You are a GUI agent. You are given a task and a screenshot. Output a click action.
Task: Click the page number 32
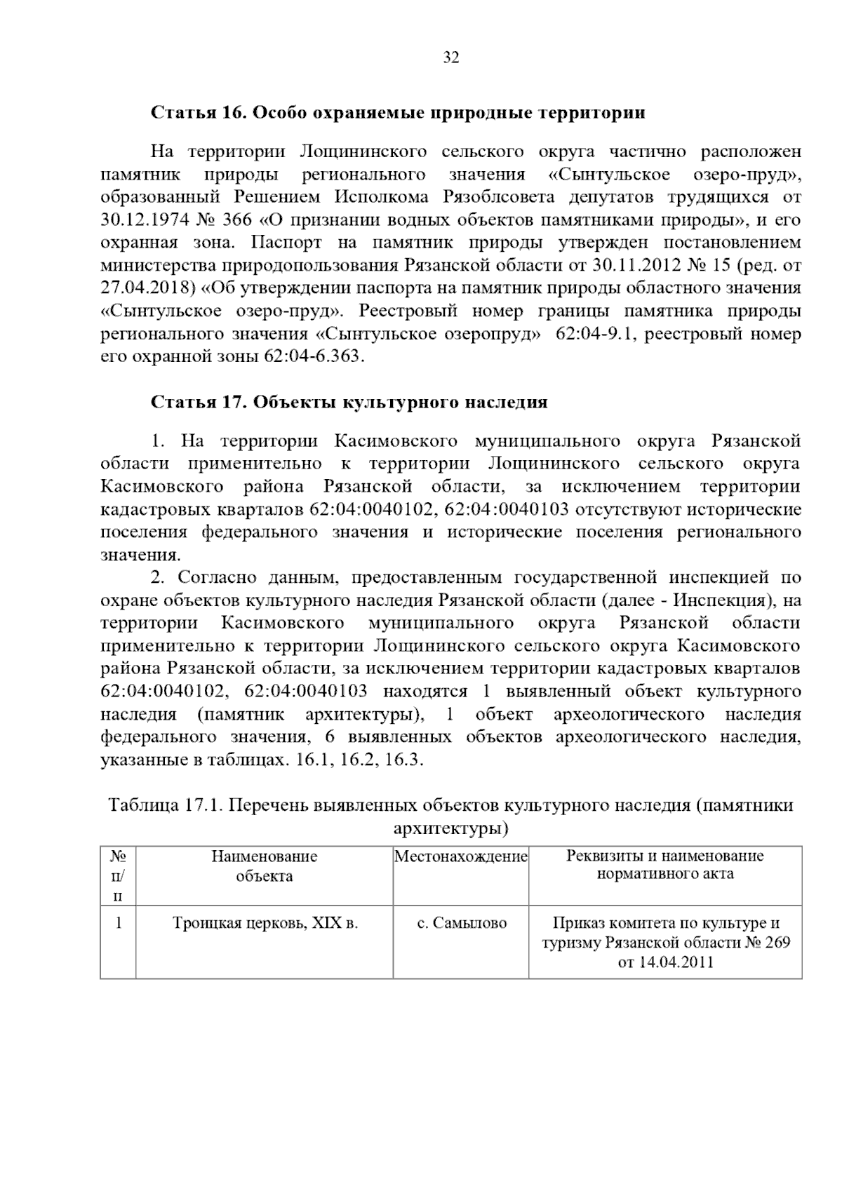[x=451, y=58]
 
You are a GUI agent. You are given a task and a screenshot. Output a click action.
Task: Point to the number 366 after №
[x=236, y=220]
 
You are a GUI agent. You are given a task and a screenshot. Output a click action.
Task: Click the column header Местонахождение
[x=460, y=856]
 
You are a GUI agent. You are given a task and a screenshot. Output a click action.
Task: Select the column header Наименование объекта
[x=264, y=866]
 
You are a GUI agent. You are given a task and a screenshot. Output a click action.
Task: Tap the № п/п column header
[x=118, y=875]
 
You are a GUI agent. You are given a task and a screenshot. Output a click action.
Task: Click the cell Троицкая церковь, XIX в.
[x=265, y=923]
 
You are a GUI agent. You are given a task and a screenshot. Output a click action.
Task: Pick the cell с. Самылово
[x=461, y=923]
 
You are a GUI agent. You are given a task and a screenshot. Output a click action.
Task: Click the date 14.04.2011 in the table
[x=665, y=962]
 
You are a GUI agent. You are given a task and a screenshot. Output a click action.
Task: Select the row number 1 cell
[x=118, y=923]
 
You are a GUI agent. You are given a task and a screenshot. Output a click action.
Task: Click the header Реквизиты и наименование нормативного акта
[x=664, y=864]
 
